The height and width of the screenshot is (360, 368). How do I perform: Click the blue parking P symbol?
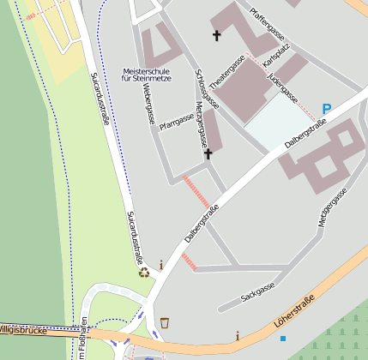[326, 109]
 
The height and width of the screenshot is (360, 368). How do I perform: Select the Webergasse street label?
[148, 104]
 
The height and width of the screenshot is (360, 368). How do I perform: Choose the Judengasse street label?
[282, 87]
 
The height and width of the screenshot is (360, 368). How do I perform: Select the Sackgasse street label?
[257, 292]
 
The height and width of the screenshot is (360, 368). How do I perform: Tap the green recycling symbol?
[145, 273]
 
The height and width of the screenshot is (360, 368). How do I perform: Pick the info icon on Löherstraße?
[238, 335]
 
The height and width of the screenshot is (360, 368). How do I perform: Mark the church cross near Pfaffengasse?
[216, 35]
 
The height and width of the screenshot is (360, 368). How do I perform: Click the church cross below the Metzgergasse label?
[208, 154]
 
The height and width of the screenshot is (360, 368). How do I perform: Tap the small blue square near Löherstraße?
[283, 339]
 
